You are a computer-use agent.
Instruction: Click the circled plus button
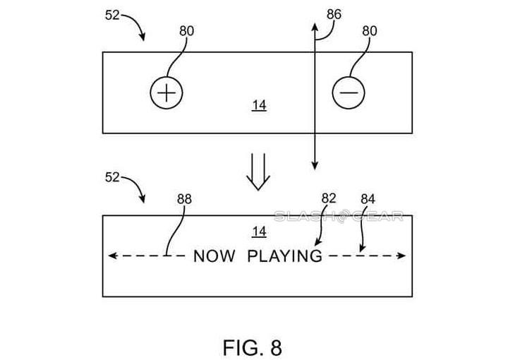tap(166, 93)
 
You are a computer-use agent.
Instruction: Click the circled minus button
tap(349, 93)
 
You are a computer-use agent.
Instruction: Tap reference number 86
tap(334, 14)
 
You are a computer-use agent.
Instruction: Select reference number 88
tap(184, 200)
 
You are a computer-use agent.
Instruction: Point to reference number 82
tap(329, 199)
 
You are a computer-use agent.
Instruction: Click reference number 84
tap(368, 200)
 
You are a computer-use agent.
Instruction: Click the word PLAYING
tap(284, 256)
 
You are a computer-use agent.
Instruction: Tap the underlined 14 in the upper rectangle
tap(259, 105)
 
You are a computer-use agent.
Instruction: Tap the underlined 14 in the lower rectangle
tap(259, 231)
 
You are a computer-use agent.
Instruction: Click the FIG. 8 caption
tap(252, 329)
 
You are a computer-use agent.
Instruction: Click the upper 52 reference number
tap(113, 15)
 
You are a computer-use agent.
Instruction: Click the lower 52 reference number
tap(113, 177)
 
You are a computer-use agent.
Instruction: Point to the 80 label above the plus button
tap(186, 31)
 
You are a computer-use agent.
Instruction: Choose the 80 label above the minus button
tap(370, 31)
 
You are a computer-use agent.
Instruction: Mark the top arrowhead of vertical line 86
tap(314, 25)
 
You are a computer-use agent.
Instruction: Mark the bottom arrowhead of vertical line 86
tap(314, 166)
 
